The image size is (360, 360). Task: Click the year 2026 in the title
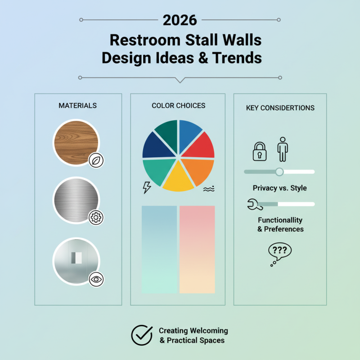point(180,20)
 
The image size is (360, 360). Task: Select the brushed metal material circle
point(76,200)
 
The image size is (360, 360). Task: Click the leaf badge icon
point(96,160)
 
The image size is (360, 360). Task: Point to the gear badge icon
point(96,218)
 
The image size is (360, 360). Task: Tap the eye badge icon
point(96,279)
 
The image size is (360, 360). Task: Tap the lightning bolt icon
point(147,187)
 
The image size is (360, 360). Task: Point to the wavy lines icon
point(208,189)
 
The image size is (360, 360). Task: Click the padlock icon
point(260,152)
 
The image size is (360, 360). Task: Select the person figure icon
point(283,149)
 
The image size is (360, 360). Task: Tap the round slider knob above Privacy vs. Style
point(279,171)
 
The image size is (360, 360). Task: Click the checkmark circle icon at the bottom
point(142,335)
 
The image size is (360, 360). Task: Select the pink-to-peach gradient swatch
point(197,249)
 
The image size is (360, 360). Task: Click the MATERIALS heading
point(77,106)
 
